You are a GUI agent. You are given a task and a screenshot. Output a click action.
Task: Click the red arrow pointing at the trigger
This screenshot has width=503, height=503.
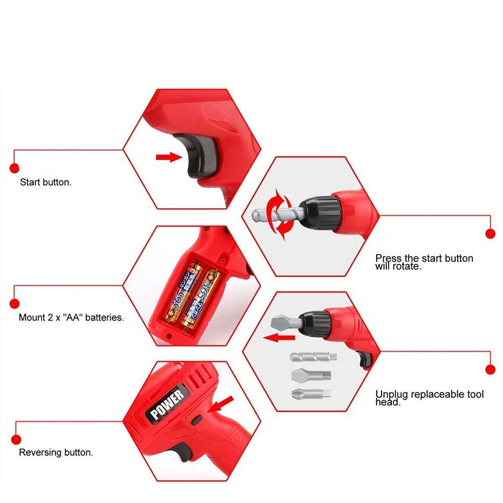(168, 157)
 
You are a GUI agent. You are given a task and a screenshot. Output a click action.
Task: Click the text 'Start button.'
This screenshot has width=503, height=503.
(46, 182)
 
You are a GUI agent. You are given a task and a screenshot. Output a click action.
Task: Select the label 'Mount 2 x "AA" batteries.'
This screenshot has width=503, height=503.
(71, 318)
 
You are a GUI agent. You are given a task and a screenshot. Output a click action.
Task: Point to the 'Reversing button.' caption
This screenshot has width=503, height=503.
(56, 453)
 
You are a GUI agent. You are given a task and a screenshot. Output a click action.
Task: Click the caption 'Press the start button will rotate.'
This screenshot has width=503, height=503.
(424, 262)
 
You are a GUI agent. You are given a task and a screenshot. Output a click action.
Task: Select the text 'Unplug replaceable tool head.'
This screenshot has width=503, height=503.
(429, 397)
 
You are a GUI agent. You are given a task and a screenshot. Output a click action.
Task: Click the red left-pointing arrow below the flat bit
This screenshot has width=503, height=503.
(279, 338)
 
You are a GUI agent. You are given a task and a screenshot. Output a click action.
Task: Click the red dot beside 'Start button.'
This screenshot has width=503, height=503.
(15, 168)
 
